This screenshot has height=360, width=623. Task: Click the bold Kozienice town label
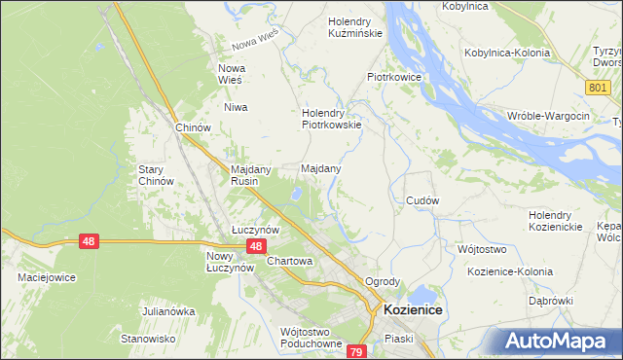tap(413, 308)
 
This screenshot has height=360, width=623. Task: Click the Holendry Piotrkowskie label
tap(332, 118)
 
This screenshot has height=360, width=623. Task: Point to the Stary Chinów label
tap(156, 175)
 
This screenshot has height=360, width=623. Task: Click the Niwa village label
tap(237, 107)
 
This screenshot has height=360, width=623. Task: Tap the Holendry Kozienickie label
tap(555, 221)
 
